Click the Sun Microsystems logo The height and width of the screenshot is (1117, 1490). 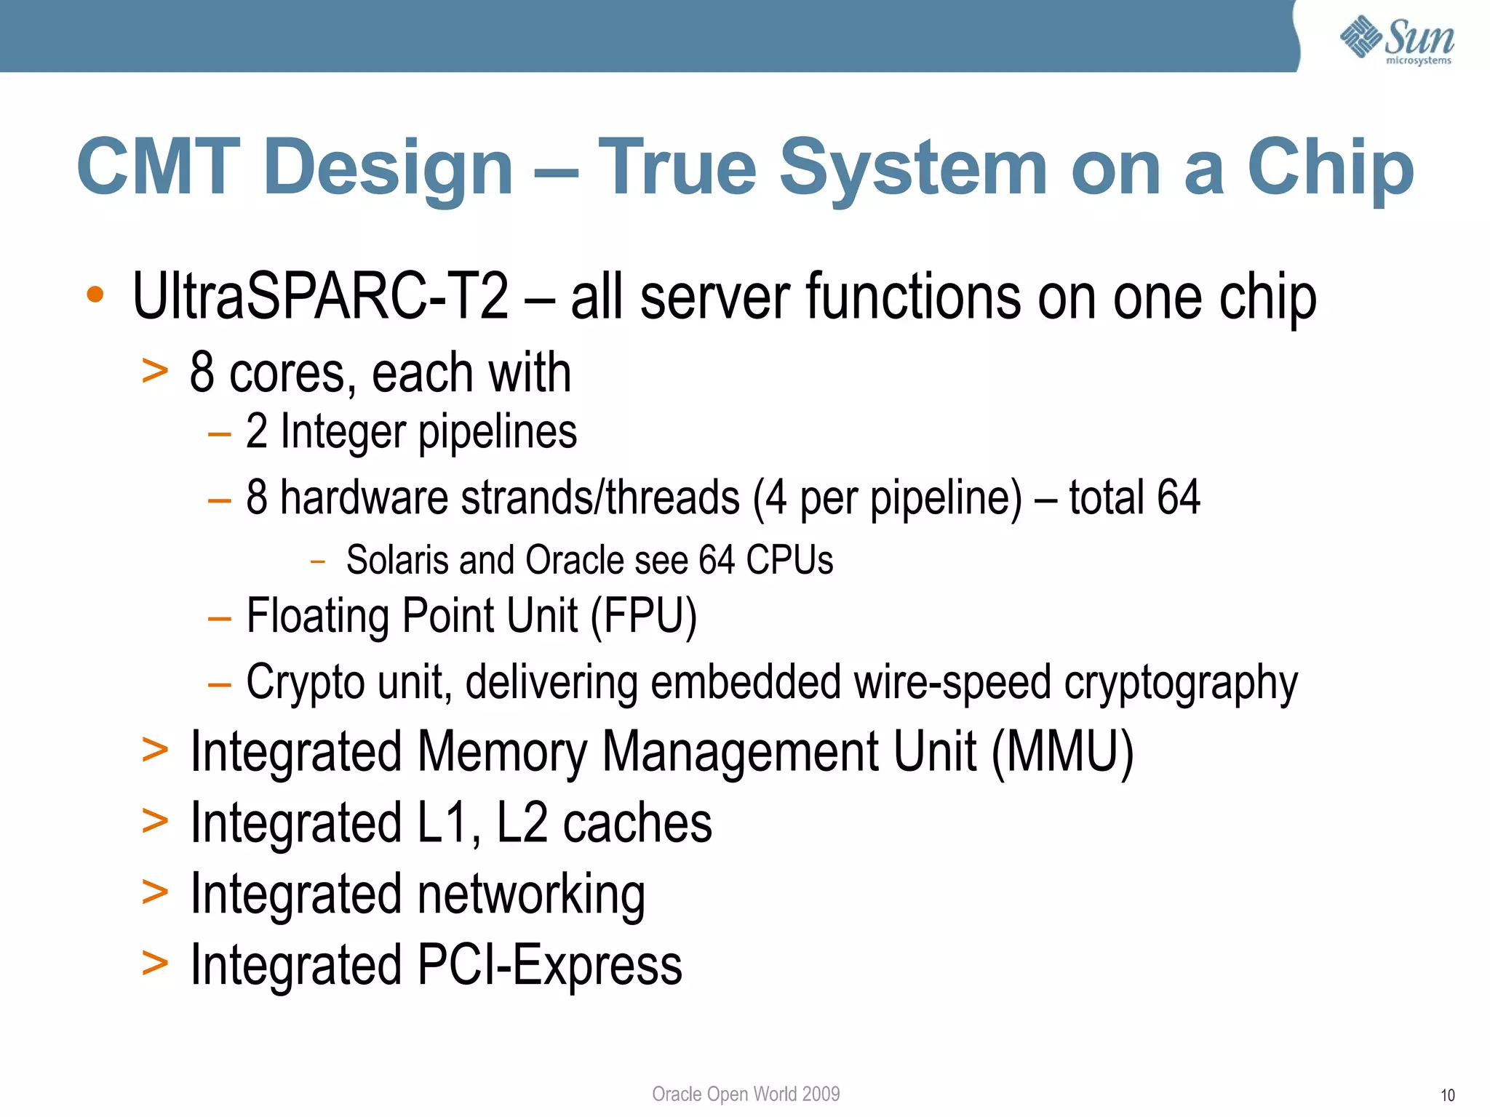(x=1396, y=40)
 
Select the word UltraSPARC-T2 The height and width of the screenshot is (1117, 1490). (x=320, y=296)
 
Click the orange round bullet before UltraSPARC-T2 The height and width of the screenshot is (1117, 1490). (x=95, y=295)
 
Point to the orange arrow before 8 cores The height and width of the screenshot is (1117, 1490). (x=155, y=371)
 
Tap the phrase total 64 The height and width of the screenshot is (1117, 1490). (x=1134, y=497)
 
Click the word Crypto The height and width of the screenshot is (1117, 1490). (x=305, y=682)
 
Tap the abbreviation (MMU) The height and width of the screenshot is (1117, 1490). (x=1061, y=752)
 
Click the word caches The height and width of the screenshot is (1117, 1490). (x=637, y=823)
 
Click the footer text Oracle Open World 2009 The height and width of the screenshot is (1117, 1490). (x=746, y=1094)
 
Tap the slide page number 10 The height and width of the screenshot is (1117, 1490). (x=1447, y=1095)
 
